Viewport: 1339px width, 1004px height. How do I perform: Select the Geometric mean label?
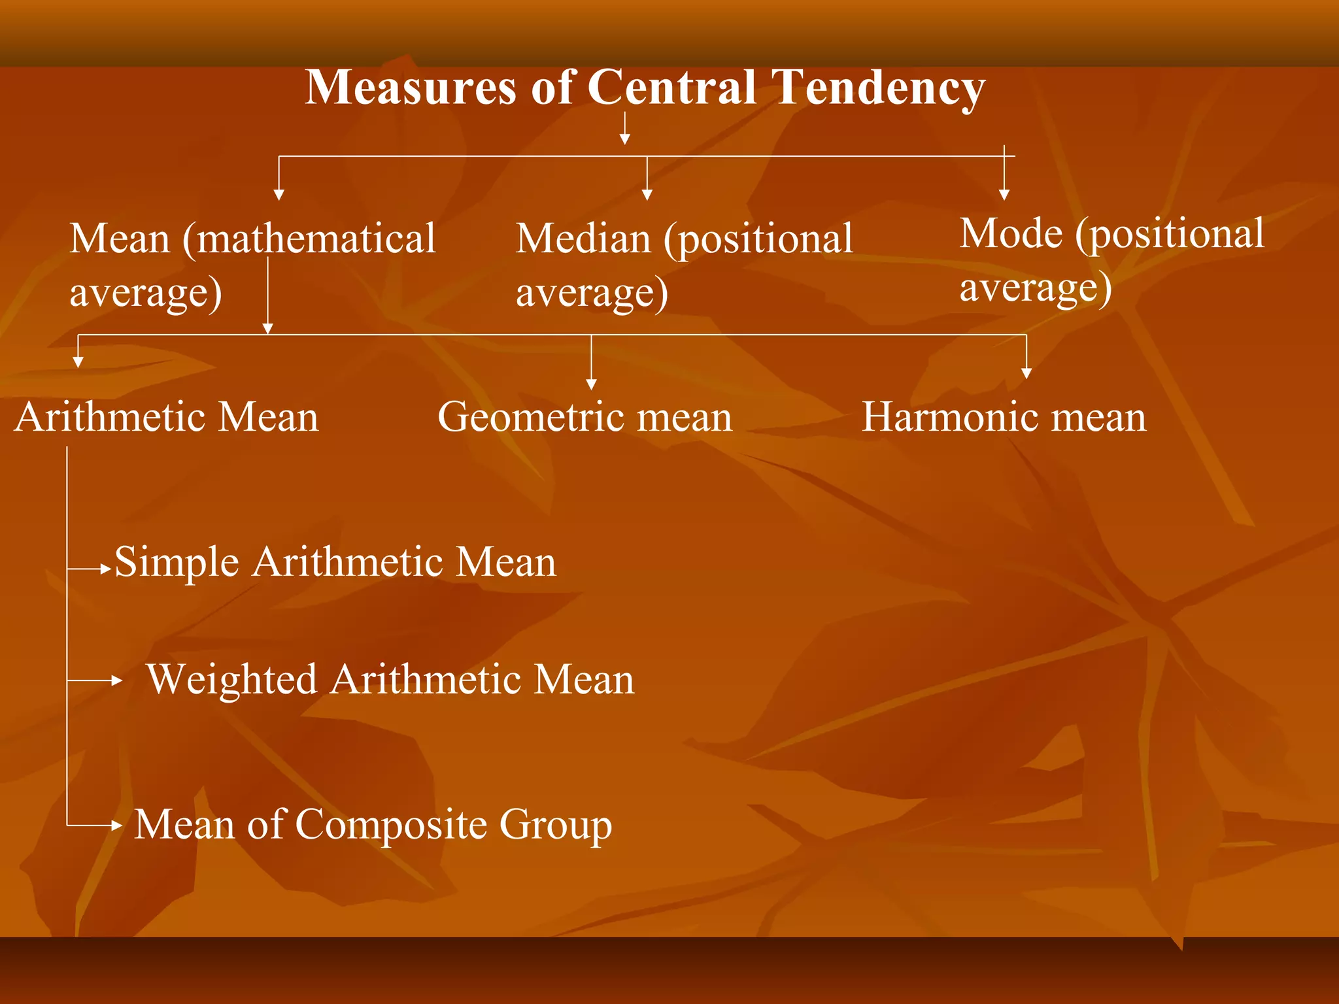pyautogui.click(x=585, y=417)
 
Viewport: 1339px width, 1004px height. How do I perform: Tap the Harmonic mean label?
pyautogui.click(x=1004, y=417)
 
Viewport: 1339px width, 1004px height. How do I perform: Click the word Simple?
pyautogui.click(x=177, y=562)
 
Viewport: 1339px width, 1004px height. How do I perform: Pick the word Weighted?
pyautogui.click(x=231, y=680)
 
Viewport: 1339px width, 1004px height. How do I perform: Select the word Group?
pyautogui.click(x=556, y=826)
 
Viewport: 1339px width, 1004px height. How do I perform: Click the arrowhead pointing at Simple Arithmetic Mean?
pyautogui.click(x=107, y=569)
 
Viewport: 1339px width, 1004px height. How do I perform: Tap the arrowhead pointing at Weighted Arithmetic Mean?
pyautogui.click(x=117, y=680)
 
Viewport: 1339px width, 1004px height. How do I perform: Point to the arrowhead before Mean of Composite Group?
pyautogui.click(x=117, y=826)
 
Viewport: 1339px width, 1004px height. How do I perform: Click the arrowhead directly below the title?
pyautogui.click(x=625, y=139)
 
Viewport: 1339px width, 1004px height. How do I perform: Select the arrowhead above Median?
pyautogui.click(x=647, y=195)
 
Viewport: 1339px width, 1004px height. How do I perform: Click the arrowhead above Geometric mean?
pyautogui.click(x=591, y=385)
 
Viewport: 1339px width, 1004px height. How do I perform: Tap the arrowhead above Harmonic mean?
pyautogui.click(x=1026, y=373)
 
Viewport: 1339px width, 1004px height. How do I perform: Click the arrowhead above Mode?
pyautogui.click(x=1004, y=195)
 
